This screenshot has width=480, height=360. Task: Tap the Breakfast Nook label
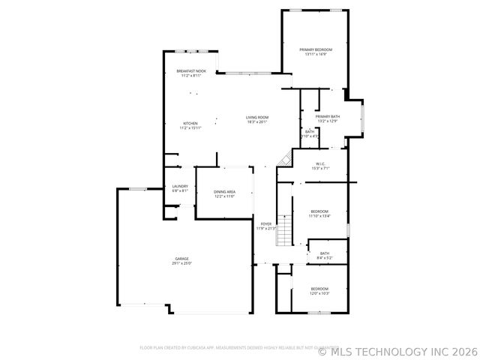pos(191,71)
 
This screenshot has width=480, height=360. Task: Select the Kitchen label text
pos(190,123)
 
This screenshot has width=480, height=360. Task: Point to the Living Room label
pos(257,117)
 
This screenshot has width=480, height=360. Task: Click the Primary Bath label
pos(328,116)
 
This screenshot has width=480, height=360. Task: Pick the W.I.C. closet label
pos(319,163)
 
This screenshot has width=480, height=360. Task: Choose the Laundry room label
pos(179,186)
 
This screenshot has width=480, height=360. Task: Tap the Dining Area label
pos(225,192)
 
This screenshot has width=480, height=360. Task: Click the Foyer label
pos(265,223)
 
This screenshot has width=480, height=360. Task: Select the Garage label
pos(182,259)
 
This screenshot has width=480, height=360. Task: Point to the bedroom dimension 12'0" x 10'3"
pos(319,293)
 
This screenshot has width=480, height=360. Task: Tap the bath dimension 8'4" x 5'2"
pos(325,258)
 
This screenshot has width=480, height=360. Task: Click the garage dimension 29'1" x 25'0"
pos(182,263)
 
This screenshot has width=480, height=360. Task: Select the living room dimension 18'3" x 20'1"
pos(257,121)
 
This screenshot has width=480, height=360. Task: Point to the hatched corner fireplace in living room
pos(283,158)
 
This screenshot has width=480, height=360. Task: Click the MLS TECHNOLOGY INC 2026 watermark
pos(397,350)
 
